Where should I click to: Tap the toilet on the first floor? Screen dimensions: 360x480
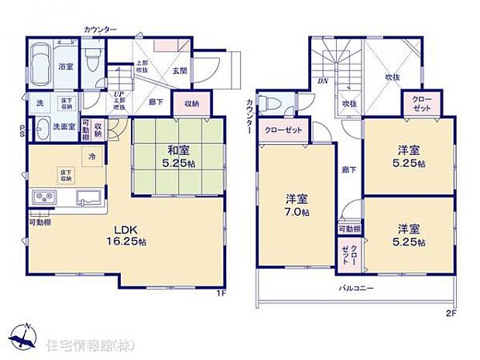pyautogui.click(x=94, y=57)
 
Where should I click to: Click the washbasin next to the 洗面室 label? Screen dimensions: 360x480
pyautogui.click(x=42, y=127)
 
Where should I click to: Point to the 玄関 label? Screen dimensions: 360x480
pyautogui.click(x=180, y=70)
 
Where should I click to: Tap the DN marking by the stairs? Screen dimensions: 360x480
pyautogui.click(x=321, y=80)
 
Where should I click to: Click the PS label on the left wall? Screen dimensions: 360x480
pyautogui.click(x=22, y=132)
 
